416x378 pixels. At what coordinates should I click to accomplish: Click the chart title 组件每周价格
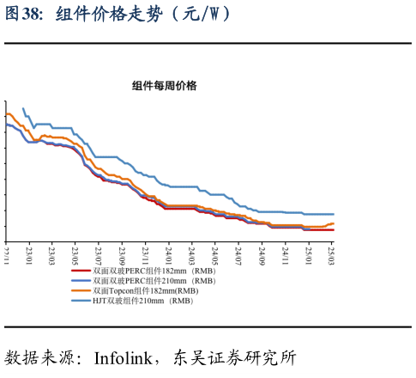(164, 86)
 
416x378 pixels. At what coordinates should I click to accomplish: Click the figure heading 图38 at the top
(22, 15)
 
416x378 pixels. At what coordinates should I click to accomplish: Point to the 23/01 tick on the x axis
(30, 254)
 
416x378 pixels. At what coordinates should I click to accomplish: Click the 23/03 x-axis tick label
(52, 254)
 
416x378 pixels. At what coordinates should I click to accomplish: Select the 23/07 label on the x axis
(99, 254)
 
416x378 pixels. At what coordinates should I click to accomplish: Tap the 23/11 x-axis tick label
(146, 254)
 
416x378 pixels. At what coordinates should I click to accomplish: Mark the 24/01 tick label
(169, 254)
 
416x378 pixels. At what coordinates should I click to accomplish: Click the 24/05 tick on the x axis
(215, 254)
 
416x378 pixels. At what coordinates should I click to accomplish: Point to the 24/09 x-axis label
(262, 254)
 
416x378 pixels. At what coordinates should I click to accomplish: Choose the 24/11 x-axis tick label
(285, 254)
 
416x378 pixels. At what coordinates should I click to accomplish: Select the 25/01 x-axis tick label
(308, 254)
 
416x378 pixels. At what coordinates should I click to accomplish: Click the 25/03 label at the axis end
(331, 254)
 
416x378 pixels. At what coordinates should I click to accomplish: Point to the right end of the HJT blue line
(333, 214)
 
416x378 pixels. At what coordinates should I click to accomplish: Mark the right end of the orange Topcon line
(333, 223)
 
